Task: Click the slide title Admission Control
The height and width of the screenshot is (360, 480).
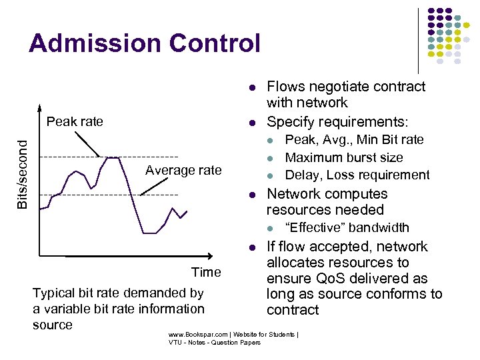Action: click(144, 43)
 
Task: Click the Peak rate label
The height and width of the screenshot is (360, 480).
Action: click(75, 121)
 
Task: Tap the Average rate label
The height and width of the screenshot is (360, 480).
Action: click(183, 171)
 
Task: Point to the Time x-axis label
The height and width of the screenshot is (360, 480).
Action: click(206, 272)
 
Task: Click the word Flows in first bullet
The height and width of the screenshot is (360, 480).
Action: click(284, 87)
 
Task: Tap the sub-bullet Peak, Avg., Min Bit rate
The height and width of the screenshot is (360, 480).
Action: click(354, 139)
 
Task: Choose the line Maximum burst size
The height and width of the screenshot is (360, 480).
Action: click(343, 157)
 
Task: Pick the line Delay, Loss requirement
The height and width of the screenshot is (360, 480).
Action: click(357, 175)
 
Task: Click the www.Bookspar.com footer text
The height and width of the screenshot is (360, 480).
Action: click(197, 334)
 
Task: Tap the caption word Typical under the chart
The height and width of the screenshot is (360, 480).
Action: click(54, 293)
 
